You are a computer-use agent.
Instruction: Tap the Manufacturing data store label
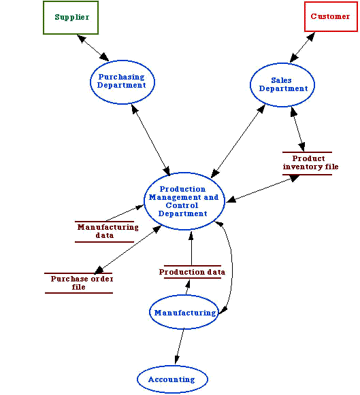(x=108, y=231)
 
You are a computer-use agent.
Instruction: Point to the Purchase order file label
(x=82, y=283)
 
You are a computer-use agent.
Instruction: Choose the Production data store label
(x=192, y=272)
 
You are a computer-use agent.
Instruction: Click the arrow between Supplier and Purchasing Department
(x=93, y=48)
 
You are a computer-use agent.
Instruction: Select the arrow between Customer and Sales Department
(x=302, y=47)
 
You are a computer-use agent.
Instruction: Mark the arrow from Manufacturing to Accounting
(x=180, y=346)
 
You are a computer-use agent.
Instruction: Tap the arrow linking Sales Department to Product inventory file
(x=297, y=129)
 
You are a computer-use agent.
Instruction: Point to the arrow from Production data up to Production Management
(x=191, y=248)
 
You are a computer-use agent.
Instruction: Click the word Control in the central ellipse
(x=182, y=205)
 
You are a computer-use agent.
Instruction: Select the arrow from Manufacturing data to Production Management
(x=125, y=213)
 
